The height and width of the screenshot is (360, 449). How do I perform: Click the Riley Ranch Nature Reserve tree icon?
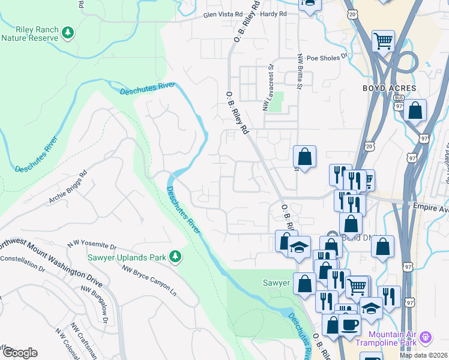pos(68,31)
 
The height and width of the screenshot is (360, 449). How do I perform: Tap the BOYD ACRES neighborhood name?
pos(389,88)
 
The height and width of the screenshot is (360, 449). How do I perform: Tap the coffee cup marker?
pos(349,324)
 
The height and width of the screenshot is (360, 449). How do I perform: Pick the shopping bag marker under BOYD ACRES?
pos(415,110)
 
